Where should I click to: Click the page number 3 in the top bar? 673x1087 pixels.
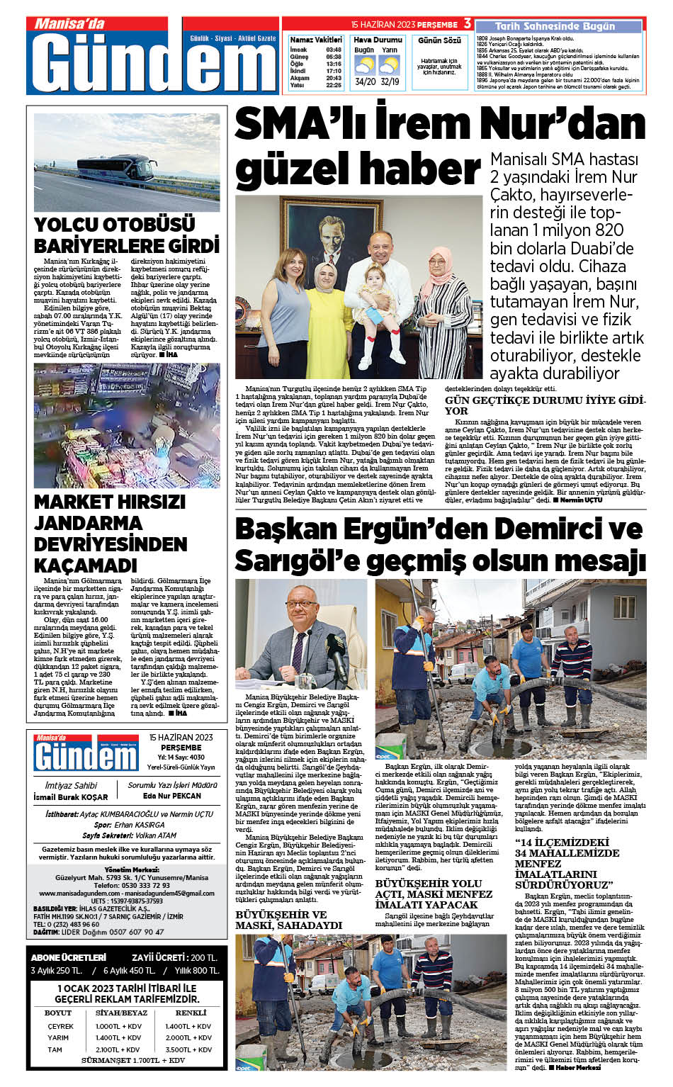click(468, 23)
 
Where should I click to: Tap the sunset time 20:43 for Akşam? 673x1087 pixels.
click(334, 78)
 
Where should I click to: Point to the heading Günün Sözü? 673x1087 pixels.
click(439, 40)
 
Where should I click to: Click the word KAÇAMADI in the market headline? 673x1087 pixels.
click(86, 565)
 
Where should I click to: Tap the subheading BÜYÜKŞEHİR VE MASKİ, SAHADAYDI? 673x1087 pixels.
click(289, 920)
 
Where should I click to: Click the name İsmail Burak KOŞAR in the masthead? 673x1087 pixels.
click(71, 796)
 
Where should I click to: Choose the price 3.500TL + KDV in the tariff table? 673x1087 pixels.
click(188, 1049)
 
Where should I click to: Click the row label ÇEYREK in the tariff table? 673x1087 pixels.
click(60, 1026)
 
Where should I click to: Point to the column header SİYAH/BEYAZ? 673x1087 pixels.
click(122, 1013)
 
